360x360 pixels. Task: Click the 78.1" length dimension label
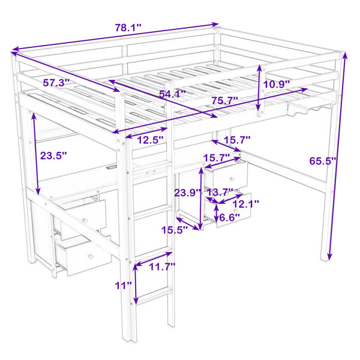pyautogui.click(x=128, y=28)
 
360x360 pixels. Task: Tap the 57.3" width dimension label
pyautogui.click(x=56, y=83)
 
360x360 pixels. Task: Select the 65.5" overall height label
pyautogui.click(x=323, y=161)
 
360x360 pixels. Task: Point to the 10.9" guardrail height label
pyautogui.click(x=276, y=85)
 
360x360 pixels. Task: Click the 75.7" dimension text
pyautogui.click(x=224, y=101)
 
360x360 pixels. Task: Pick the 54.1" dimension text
pyautogui.click(x=172, y=94)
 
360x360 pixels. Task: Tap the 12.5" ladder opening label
pyautogui.click(x=151, y=140)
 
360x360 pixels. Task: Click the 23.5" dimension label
pyautogui.click(x=53, y=155)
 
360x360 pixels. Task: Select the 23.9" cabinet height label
pyautogui.click(x=188, y=193)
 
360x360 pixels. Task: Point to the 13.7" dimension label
pyautogui.click(x=220, y=193)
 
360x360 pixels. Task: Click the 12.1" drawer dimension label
pyautogui.click(x=246, y=204)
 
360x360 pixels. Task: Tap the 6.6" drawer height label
pyautogui.click(x=230, y=217)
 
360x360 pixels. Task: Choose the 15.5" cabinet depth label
pyautogui.click(x=175, y=230)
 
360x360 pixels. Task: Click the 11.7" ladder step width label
pyautogui.click(x=163, y=267)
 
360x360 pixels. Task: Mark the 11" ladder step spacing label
pyautogui.click(x=123, y=286)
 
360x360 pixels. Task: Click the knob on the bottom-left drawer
pyautogui.click(x=91, y=256)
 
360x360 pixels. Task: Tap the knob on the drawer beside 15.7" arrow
pyautogui.click(x=232, y=179)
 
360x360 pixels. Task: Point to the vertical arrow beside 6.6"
pyautogui.click(x=217, y=212)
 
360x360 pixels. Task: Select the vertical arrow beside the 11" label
pyautogui.click(x=136, y=284)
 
